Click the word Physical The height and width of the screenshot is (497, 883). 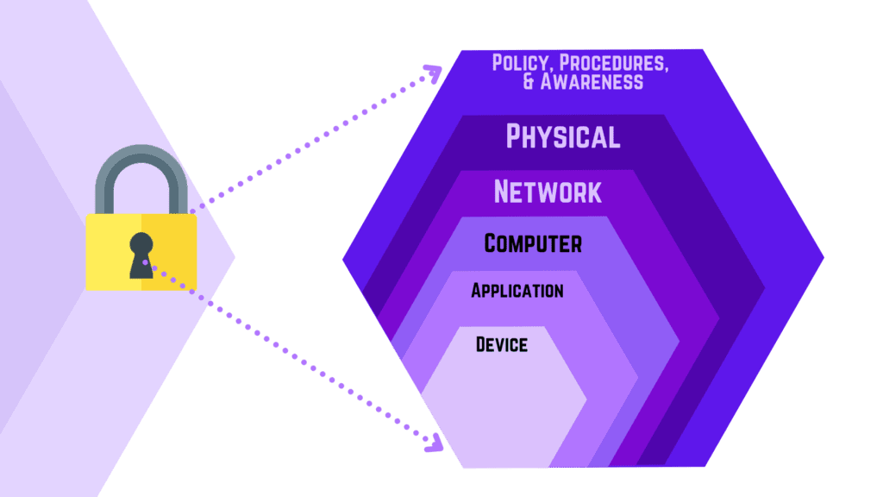pyautogui.click(x=562, y=136)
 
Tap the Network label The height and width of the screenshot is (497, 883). pyautogui.click(x=548, y=191)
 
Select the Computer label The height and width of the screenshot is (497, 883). pyautogui.click(x=533, y=243)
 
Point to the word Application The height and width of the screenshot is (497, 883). pyautogui.click(x=517, y=291)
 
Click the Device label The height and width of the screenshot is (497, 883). pyautogui.click(x=501, y=345)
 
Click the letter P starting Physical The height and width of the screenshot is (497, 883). pyautogui.click(x=515, y=136)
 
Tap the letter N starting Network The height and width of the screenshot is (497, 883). pyautogui.click(x=504, y=191)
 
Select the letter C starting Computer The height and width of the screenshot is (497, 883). pyautogui.click(x=492, y=243)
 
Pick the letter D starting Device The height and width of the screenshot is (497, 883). pyautogui.click(x=481, y=345)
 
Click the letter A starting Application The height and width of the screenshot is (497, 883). pyautogui.click(x=476, y=291)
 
